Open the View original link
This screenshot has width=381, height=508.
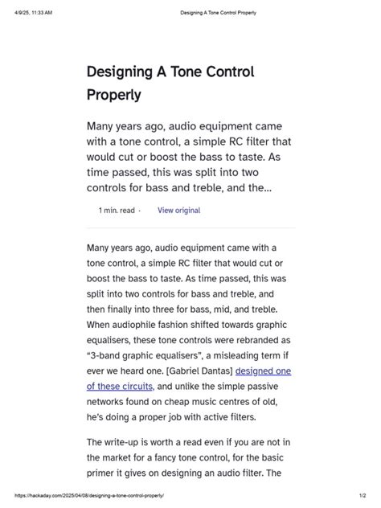tap(178, 211)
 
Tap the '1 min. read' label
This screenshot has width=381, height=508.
tap(117, 211)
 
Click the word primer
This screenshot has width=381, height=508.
tap(102, 473)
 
